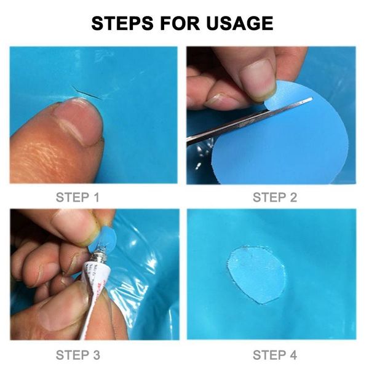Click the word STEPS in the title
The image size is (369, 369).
tap(122, 23)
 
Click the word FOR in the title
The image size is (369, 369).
tap(180, 23)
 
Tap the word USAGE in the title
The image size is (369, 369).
tap(240, 23)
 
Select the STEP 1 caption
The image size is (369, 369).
tap(77, 197)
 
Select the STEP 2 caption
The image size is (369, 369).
tap(275, 197)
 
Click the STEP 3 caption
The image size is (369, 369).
tap(78, 355)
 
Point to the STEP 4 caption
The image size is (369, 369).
tap(275, 355)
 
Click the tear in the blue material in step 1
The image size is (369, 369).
tap(87, 93)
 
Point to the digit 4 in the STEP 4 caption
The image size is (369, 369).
tap(293, 355)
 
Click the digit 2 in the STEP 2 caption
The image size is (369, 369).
tap(293, 197)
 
